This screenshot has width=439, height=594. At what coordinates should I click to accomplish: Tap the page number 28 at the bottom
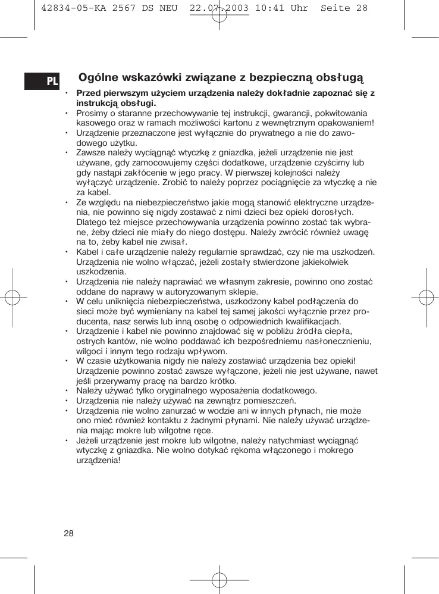pos(69,533)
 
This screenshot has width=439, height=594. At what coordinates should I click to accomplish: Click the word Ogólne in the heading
pos(98,77)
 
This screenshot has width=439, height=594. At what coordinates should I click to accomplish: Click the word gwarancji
pos(263,113)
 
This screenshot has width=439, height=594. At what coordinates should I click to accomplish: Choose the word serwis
pos(147,321)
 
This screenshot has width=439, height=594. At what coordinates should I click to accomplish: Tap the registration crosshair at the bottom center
pos(219,579)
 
